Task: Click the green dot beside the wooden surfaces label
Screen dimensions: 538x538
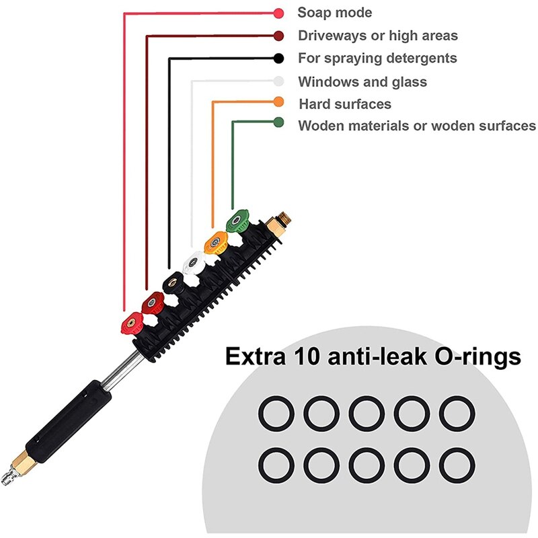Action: [x=278, y=122]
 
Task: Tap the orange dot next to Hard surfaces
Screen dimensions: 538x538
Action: [x=278, y=102]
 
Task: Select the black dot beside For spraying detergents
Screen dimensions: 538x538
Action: [x=278, y=58]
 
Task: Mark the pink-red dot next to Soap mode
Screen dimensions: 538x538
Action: [x=278, y=13]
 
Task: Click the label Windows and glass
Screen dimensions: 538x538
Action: [x=362, y=82]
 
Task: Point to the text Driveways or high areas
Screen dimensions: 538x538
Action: [x=378, y=36]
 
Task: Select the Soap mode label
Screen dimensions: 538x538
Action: [x=335, y=13]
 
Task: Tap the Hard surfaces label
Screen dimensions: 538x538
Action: [x=345, y=104]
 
